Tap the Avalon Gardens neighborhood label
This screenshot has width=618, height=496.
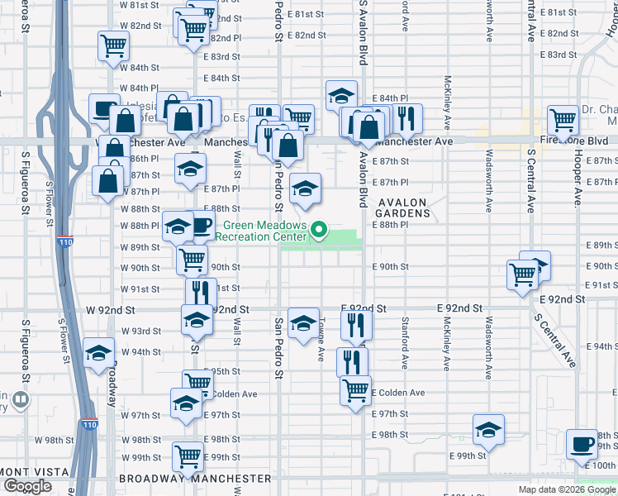[405, 207]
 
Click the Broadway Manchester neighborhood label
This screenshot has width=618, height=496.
[195, 479]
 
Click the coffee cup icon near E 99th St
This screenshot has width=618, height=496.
[582, 444]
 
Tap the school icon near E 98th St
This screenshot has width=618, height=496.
[488, 429]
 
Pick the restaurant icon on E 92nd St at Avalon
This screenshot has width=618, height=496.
[357, 324]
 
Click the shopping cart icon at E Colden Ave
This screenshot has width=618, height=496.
[355, 389]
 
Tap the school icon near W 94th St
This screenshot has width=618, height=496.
[98, 354]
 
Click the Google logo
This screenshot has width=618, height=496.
[27, 486]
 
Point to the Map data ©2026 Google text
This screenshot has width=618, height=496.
[566, 489]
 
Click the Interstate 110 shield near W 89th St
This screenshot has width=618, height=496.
[64, 241]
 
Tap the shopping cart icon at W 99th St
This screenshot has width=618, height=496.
[188, 455]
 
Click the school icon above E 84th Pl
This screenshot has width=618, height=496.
[341, 95]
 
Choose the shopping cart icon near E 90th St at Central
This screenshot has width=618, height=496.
[522, 274]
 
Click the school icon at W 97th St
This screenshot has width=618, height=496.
[186, 403]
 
